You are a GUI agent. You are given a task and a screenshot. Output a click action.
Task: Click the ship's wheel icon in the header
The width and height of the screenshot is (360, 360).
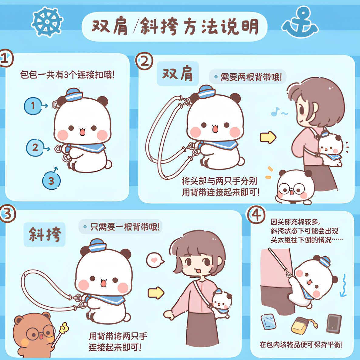(47, 22)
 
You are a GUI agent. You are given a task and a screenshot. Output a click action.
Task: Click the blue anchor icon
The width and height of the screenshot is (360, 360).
(300, 23)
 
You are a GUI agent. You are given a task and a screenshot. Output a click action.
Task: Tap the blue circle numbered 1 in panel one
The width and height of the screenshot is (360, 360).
(33, 106)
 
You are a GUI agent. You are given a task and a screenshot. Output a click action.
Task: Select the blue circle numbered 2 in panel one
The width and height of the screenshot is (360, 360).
(35, 148)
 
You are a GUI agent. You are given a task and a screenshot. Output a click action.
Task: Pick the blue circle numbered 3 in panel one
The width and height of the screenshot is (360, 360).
(51, 181)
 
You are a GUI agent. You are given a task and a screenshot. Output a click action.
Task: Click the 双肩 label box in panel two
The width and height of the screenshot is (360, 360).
(178, 73)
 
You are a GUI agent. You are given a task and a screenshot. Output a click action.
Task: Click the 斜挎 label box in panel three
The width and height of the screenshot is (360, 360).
(45, 234)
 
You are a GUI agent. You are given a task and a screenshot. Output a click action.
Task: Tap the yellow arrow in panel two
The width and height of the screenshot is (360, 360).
(268, 137)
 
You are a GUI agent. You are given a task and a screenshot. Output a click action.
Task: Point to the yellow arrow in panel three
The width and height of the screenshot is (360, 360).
(156, 293)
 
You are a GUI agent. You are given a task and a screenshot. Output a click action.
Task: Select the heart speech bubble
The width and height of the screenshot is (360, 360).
(155, 260)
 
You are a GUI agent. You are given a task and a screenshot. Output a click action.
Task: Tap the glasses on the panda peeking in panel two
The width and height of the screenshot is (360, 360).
(291, 189)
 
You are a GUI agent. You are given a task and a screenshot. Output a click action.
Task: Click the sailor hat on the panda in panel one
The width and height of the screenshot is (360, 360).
(74, 94)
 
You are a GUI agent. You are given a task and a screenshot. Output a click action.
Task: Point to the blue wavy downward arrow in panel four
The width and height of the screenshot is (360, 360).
(344, 285)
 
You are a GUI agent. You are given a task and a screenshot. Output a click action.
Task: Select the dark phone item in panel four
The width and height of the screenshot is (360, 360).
(334, 323)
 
